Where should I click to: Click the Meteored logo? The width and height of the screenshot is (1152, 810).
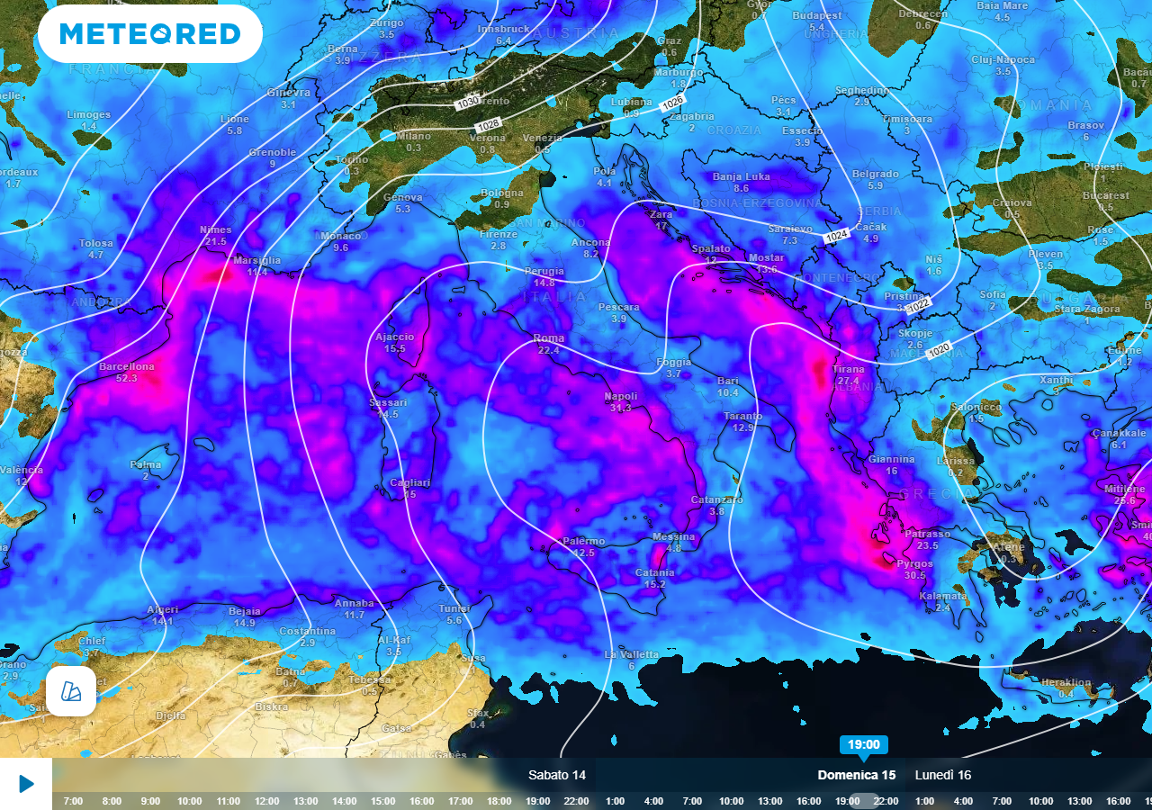coord(150,34)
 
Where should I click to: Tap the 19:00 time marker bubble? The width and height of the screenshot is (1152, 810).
coord(863,744)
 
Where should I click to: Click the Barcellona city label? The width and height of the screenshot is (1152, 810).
coord(127,366)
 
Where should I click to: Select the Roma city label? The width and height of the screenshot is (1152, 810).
coord(549,338)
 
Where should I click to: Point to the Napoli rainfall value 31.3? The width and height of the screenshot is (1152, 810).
coord(620,408)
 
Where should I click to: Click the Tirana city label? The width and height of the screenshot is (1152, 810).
coord(849,369)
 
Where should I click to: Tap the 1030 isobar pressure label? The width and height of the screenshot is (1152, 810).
coord(468,103)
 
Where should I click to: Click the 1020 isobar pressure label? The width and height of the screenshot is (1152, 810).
coord(939,349)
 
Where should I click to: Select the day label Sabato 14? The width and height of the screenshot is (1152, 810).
coord(557,775)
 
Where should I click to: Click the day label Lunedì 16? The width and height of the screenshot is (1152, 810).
coord(943,775)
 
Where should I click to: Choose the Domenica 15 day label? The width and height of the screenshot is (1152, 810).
coord(856,775)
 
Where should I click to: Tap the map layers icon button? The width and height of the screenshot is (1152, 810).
coord(71,691)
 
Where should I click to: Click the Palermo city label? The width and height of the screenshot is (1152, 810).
coord(584,541)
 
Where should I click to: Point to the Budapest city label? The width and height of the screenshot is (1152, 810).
coord(817,15)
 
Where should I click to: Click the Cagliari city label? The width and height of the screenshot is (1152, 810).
coord(409,482)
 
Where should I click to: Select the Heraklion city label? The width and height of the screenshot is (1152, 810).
coord(1066,682)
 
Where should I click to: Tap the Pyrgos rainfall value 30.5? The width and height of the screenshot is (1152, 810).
coord(914,575)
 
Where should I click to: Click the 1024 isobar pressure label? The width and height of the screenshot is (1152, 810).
coord(836,236)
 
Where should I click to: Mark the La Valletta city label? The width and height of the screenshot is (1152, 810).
coord(631,654)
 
